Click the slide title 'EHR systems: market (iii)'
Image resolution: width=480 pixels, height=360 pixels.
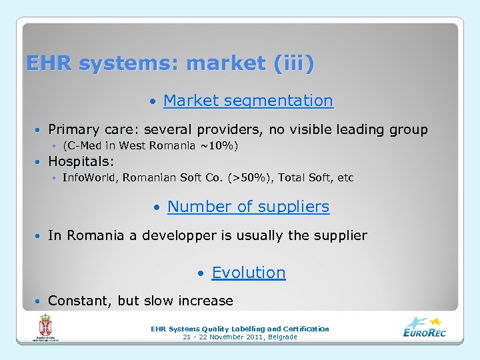170,64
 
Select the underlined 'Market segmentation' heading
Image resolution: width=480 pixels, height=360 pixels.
247,101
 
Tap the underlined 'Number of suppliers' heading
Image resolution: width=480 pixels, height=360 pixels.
248,207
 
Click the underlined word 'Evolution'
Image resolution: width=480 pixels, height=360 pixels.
248,273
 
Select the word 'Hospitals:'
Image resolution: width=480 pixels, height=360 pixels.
81,161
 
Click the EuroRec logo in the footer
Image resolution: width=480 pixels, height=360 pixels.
424,327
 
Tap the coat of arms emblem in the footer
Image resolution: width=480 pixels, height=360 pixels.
46,327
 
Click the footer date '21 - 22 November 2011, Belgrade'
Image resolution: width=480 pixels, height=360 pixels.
240,337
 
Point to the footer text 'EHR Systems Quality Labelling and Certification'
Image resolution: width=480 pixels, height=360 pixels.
240,329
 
